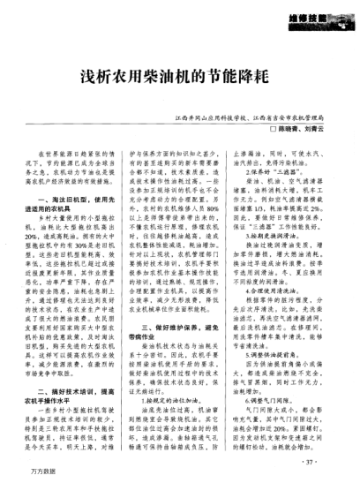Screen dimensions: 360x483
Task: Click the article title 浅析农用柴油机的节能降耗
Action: (x=179, y=77)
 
